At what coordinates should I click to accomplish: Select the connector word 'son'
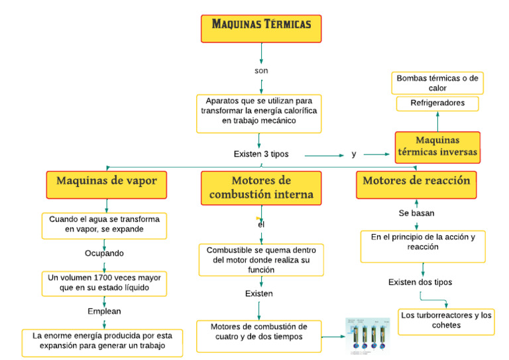pyautogui.click(x=261, y=70)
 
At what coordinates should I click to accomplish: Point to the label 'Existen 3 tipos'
pyautogui.click(x=261, y=154)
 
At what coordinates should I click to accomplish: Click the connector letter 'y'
pyautogui.click(x=354, y=154)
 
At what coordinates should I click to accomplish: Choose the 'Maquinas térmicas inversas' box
pyautogui.click(x=437, y=146)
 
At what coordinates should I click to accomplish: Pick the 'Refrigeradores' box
pyautogui.click(x=437, y=103)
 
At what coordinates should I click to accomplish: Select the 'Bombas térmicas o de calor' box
pyautogui.click(x=437, y=83)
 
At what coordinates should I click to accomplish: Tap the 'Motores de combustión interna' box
pyautogui.click(x=261, y=188)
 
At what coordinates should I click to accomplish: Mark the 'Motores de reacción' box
pyautogui.click(x=416, y=181)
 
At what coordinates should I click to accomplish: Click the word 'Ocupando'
pyautogui.click(x=104, y=253)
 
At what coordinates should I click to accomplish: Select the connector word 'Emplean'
pyautogui.click(x=104, y=310)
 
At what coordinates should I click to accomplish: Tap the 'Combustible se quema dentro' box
pyautogui.click(x=261, y=260)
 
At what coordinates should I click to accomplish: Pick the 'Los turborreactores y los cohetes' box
pyautogui.click(x=445, y=320)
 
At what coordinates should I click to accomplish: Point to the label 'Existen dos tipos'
pyautogui.click(x=420, y=282)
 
